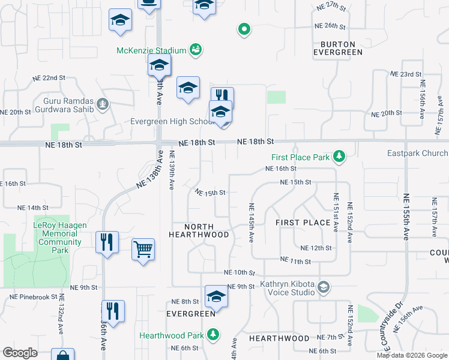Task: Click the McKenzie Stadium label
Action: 152,50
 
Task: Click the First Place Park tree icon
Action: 339,157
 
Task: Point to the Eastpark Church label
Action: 417,153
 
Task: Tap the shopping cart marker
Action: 143,248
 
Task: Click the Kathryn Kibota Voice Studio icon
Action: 324,287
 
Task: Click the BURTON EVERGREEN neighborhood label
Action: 338,48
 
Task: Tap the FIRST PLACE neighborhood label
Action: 303,223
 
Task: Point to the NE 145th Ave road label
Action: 252,223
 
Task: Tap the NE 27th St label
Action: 331,7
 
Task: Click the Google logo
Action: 20,353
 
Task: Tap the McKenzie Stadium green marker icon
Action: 195,49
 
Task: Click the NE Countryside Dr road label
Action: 388,328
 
